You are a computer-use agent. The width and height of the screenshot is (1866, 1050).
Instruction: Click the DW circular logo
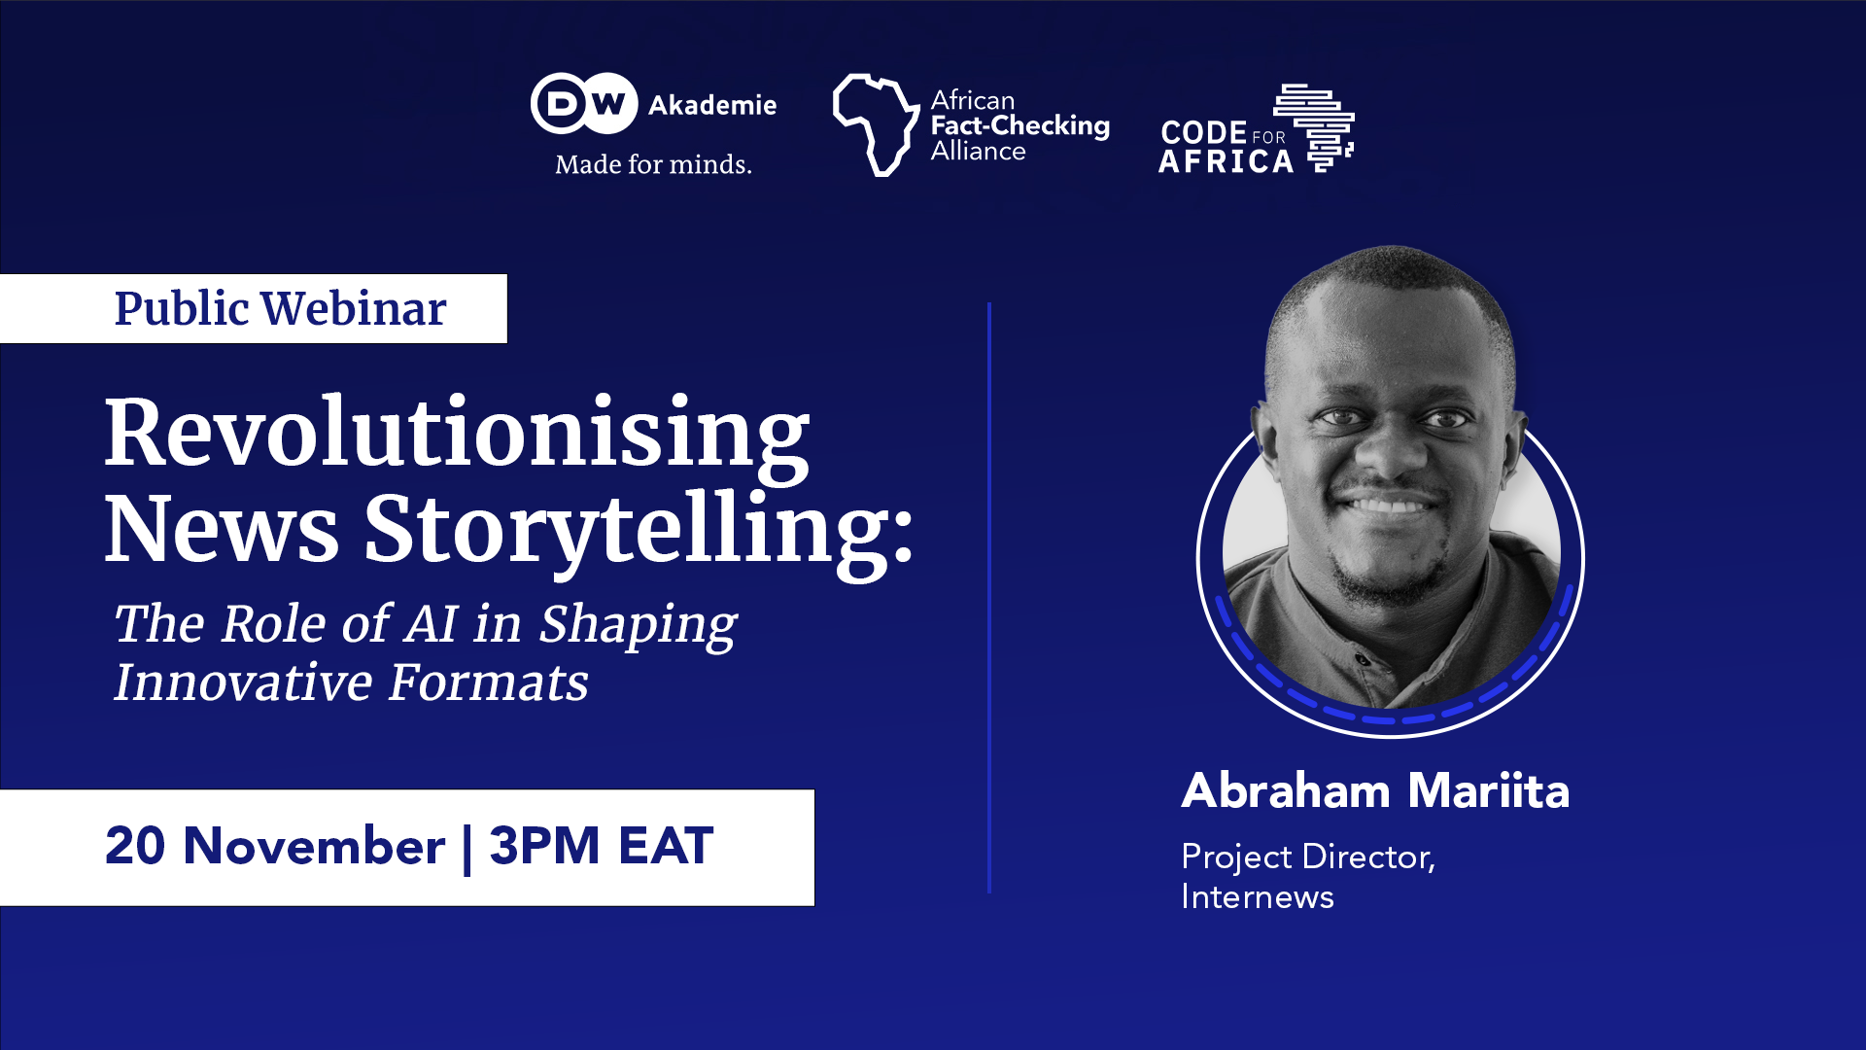pyautogui.click(x=584, y=103)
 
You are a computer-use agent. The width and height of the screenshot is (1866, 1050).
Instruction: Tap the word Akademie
pyautogui.click(x=712, y=105)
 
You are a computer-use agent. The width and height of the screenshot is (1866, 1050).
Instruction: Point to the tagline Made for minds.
pyautogui.click(x=653, y=164)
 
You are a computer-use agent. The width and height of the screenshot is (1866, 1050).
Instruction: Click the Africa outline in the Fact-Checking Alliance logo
pyautogui.click(x=875, y=124)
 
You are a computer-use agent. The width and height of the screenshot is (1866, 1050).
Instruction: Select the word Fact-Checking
pyautogui.click(x=1019, y=125)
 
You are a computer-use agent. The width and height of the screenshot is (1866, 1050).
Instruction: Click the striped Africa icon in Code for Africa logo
pyautogui.click(x=1317, y=126)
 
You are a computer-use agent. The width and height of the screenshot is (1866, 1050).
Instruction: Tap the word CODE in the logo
pyautogui.click(x=1203, y=132)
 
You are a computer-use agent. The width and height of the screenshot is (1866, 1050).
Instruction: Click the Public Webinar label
pyautogui.click(x=280, y=309)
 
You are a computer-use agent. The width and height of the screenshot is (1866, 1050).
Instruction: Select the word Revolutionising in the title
pyautogui.click(x=457, y=434)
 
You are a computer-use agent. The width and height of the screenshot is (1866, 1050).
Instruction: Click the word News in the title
pyautogui.click(x=222, y=531)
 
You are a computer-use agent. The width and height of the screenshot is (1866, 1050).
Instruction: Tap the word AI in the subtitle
pyautogui.click(x=431, y=623)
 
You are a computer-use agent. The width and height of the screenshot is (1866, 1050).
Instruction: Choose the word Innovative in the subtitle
pyautogui.click(x=243, y=682)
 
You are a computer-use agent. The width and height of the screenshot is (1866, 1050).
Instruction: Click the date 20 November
pyautogui.click(x=275, y=846)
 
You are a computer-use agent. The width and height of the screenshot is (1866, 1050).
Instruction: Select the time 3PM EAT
pyautogui.click(x=602, y=846)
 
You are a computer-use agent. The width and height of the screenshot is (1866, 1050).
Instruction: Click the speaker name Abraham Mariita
pyautogui.click(x=1375, y=790)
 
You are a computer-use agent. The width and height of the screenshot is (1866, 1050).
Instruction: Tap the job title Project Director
pyautogui.click(x=1307, y=857)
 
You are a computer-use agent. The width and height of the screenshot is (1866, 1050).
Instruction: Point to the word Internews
pyautogui.click(x=1258, y=897)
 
